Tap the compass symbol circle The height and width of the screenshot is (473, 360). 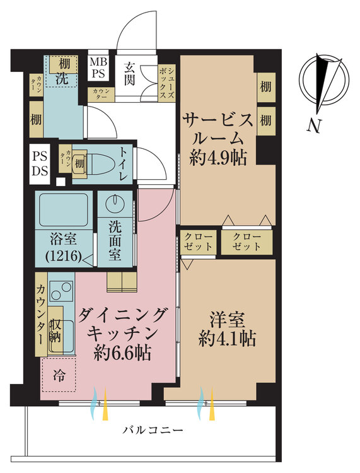coord(325,81)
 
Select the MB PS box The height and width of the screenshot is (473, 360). coord(98,67)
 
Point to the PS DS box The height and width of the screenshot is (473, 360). coord(40,163)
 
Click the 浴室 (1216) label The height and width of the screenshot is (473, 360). coord(62,248)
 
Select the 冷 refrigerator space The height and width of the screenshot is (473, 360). coord(58,377)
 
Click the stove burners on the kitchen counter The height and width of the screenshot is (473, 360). coord(61,292)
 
